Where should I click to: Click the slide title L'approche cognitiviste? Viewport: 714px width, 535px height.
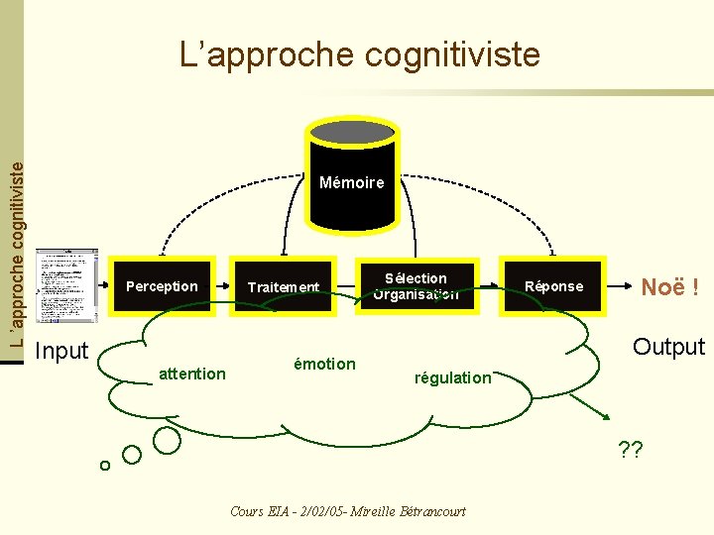[x=360, y=53]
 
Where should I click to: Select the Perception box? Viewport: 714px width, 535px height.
[x=163, y=287]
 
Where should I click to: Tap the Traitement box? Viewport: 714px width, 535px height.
[x=283, y=287]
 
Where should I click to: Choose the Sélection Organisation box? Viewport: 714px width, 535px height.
[x=416, y=286]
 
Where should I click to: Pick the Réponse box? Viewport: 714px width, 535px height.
[x=553, y=286]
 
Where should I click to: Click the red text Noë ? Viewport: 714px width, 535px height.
[x=670, y=287]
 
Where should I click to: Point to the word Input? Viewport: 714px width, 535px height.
[x=61, y=351]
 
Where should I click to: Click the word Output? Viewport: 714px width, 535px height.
[x=668, y=347]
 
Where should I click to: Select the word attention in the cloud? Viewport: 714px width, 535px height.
[x=192, y=374]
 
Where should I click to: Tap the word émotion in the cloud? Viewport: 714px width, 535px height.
[x=324, y=364]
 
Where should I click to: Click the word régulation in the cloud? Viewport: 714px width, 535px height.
[x=453, y=377]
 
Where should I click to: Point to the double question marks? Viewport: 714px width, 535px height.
[x=630, y=450]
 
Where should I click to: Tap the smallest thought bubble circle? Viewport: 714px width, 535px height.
[x=104, y=466]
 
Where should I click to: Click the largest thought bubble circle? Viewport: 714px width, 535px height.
[x=167, y=440]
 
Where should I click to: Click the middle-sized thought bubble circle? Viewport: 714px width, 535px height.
[x=132, y=455]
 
